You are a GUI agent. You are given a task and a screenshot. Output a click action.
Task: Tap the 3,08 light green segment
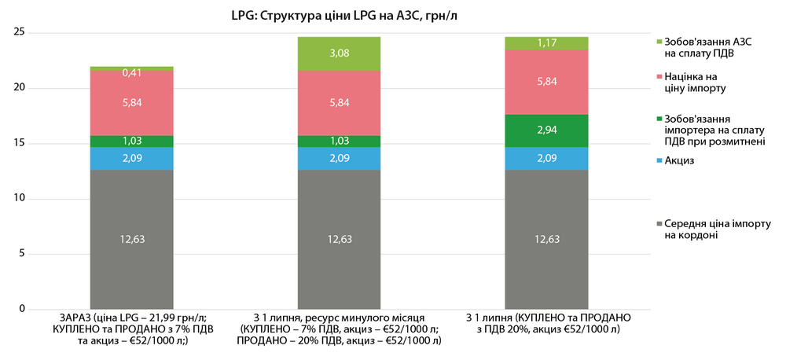pos(339,53)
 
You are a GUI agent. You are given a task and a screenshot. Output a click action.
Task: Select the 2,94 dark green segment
pos(546,130)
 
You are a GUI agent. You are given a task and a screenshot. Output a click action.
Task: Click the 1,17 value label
pos(546,43)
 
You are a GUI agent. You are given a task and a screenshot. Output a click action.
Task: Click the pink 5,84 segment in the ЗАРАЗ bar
pos(131,103)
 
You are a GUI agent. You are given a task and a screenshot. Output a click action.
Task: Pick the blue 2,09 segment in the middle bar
pos(339,159)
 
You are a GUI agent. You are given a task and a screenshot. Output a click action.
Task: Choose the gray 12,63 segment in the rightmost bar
pos(546,239)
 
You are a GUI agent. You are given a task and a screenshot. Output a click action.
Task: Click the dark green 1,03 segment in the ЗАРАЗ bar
pos(131,141)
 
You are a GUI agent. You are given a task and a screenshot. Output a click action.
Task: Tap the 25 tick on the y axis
pos(21,32)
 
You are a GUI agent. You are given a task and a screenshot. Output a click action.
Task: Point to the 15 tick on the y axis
pos(21,143)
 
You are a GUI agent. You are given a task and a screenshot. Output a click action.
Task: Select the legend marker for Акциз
pos(657,160)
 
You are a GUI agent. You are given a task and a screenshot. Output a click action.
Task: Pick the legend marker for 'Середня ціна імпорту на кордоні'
pos(657,224)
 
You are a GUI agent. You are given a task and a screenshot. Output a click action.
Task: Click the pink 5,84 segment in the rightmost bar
pos(546,82)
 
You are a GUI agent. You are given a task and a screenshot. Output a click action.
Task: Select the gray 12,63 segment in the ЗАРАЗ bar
pos(131,239)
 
